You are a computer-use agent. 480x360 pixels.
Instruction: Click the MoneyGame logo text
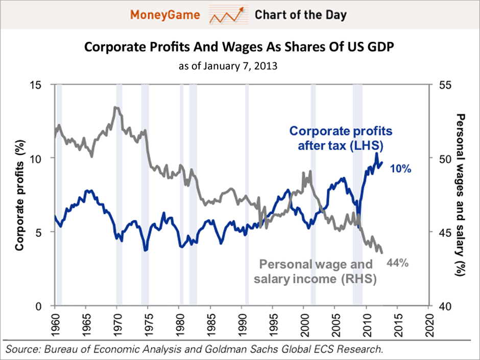(x=167, y=15)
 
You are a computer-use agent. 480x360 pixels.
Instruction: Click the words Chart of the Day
(x=300, y=15)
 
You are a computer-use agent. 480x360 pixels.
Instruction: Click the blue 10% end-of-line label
(x=401, y=169)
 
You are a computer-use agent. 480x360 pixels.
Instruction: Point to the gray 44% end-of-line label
(x=397, y=263)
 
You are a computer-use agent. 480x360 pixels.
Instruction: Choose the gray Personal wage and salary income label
(x=317, y=272)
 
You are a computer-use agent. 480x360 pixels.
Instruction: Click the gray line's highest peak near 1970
(x=116, y=107)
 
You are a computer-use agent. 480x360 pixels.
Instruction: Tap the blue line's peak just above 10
(x=376, y=153)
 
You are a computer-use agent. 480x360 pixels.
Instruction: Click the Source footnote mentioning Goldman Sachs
(x=194, y=349)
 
